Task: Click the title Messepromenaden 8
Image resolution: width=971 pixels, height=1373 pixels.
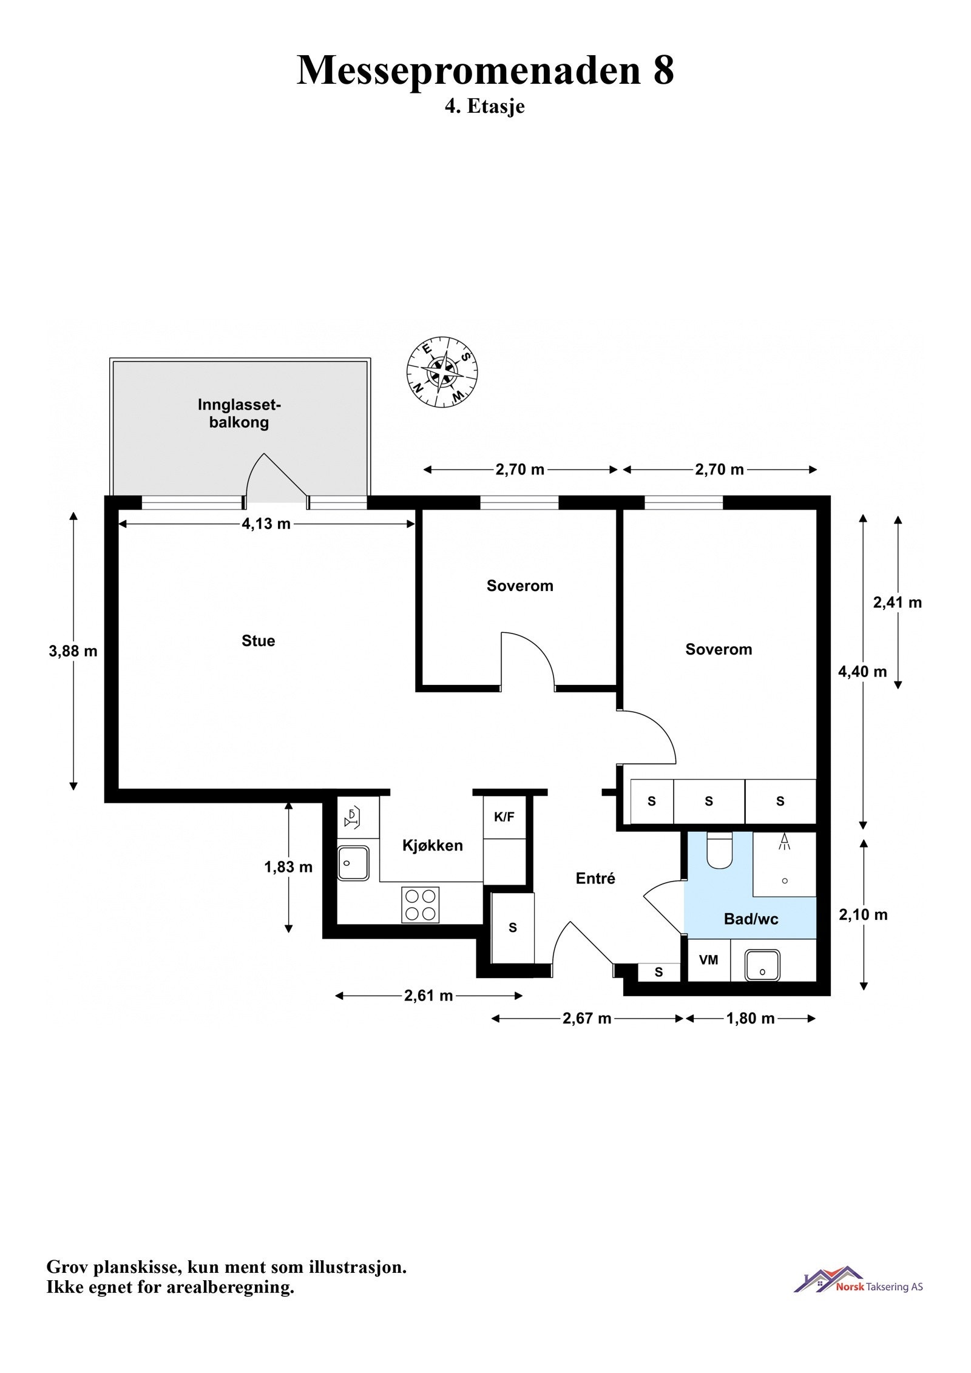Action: pos(485,70)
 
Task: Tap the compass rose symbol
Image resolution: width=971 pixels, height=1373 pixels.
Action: pos(442,372)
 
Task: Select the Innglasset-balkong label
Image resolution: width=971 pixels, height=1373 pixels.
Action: pos(239,414)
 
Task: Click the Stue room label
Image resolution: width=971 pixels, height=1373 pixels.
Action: pos(258,641)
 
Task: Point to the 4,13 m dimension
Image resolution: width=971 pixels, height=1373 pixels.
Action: pos(266,524)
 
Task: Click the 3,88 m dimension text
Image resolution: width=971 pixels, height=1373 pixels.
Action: pos(73,651)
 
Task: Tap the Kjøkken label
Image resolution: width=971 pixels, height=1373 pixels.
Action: pos(432,845)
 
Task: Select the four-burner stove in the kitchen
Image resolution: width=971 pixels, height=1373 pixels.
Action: pos(420,905)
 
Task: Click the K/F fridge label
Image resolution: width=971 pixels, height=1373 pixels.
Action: pos(504,817)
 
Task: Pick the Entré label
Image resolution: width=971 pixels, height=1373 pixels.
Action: pos(595,879)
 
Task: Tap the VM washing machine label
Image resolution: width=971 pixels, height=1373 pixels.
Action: pos(708,960)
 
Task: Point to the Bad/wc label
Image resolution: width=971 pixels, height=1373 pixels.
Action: pos(751,919)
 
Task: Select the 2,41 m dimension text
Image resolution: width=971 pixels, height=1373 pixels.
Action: pos(897,602)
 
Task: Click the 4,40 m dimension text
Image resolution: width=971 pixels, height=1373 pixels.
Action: pos(862,672)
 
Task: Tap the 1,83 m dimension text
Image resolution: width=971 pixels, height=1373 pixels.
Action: pos(288,867)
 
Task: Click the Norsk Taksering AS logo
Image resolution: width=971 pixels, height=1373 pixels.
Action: pos(858,1285)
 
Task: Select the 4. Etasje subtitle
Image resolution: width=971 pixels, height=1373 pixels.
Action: pos(484,107)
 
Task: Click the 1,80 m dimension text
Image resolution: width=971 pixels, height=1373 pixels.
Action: pos(750,1019)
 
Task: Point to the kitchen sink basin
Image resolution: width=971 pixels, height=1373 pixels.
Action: pos(353,863)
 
